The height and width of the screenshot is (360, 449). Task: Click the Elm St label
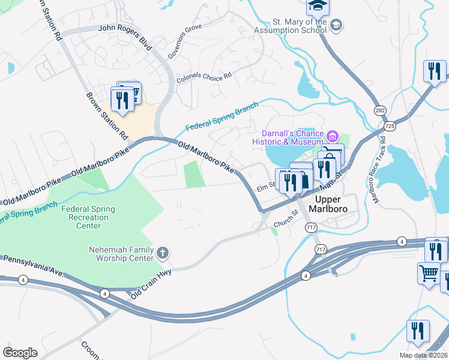click(x=265, y=186)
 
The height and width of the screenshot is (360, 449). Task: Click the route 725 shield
click(x=391, y=126)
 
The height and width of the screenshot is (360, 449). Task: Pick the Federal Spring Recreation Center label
click(x=89, y=217)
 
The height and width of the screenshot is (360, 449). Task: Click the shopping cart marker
click(x=429, y=274)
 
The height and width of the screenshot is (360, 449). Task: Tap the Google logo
click(x=20, y=352)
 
